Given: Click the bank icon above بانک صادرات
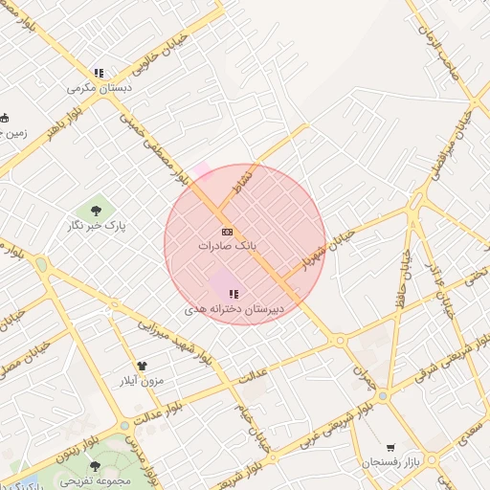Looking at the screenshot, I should point(227,233).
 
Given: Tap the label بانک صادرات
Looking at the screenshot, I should point(229,246).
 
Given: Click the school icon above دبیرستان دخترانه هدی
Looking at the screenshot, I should point(233,294).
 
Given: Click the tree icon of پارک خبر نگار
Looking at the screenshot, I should point(98,210).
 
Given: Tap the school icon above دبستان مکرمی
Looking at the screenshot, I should point(98,73).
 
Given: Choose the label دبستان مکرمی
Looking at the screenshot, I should point(100,87).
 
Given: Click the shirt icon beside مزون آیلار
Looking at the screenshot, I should point(143,366).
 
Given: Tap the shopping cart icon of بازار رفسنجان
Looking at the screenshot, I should point(390,448).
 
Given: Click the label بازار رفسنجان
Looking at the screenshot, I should point(391,463).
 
